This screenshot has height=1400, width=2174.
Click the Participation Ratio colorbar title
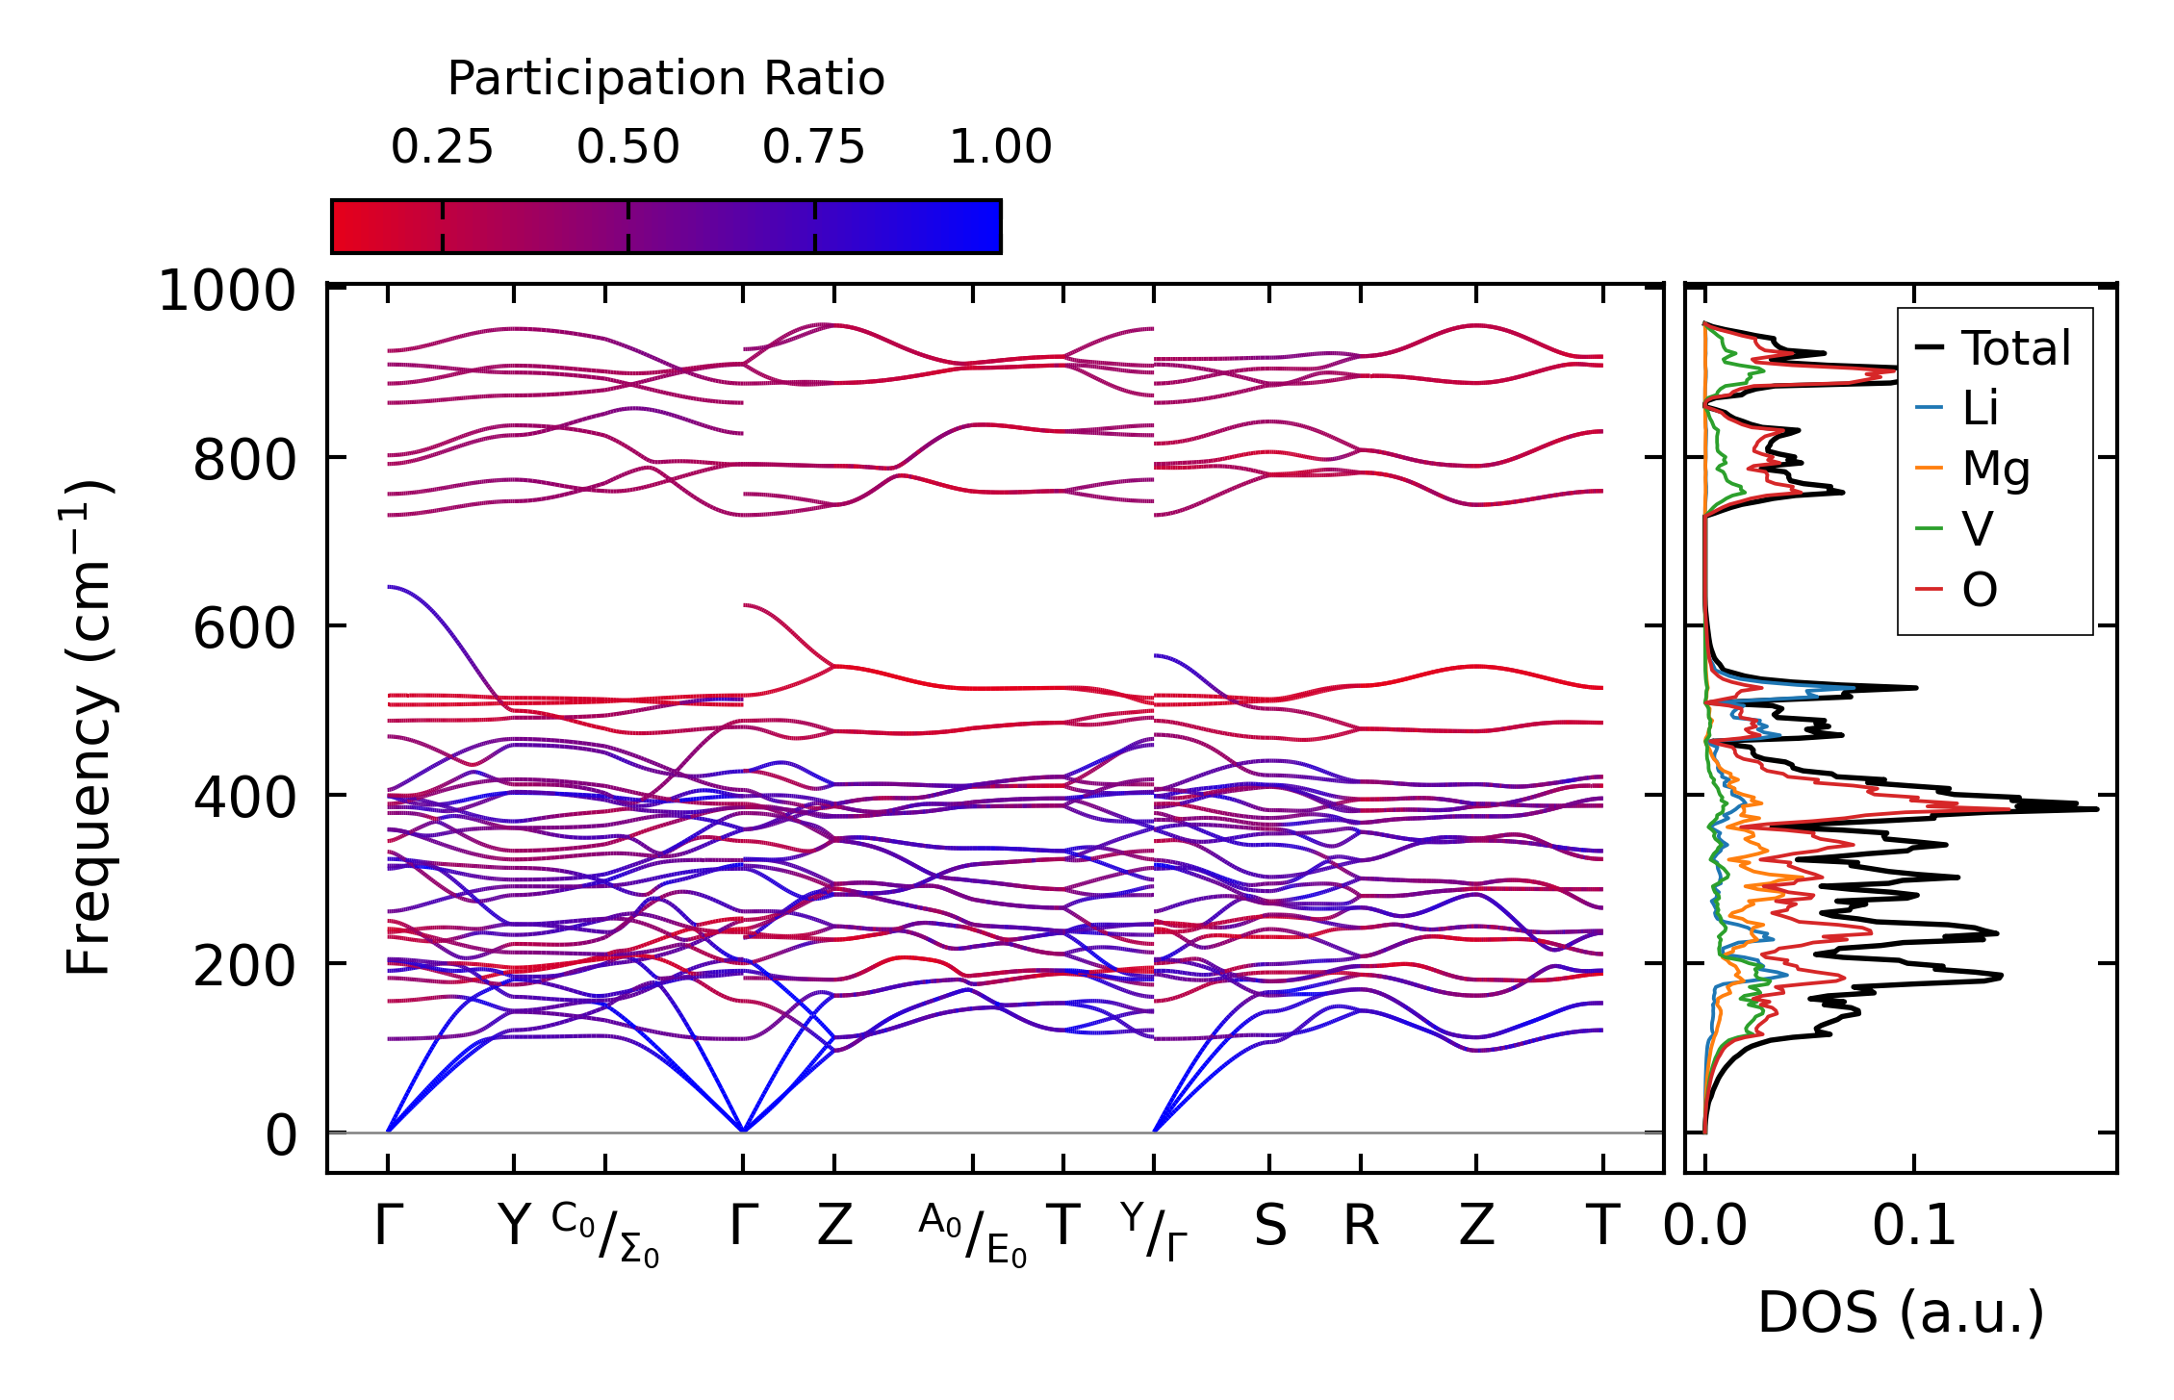665,79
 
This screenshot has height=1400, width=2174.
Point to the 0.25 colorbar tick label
442,147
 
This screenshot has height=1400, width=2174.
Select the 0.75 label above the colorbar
814,147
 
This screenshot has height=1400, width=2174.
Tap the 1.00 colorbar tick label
1000,147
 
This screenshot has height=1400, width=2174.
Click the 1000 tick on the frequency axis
227,291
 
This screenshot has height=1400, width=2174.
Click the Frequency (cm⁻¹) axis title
90,727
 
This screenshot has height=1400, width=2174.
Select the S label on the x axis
1269,1227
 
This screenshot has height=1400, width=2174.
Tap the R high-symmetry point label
1361,1227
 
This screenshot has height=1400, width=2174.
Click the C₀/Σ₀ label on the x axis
605,1235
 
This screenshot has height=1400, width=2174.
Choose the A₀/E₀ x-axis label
972,1235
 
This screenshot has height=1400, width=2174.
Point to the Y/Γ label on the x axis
1154,1231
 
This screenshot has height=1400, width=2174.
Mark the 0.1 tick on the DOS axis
1914,1227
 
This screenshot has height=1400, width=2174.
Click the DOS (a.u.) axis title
1901,1312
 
